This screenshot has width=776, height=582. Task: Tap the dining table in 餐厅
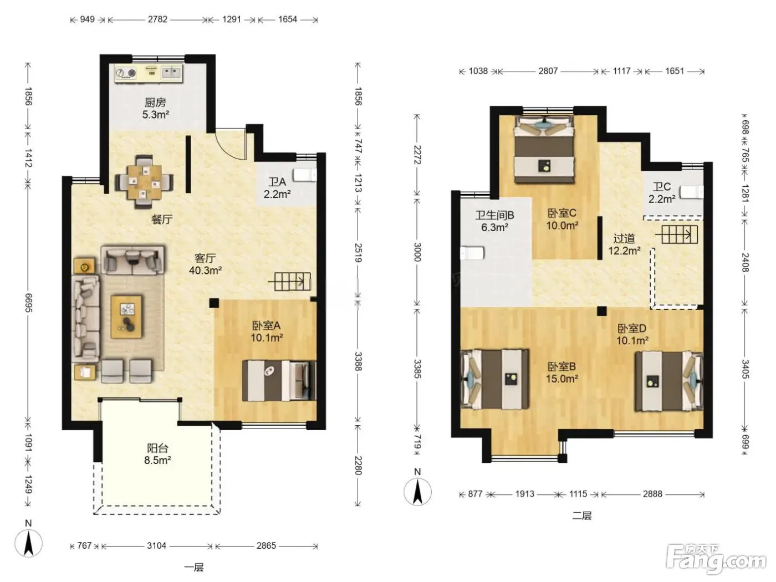click(x=144, y=182)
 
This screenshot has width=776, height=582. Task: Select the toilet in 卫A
click(x=304, y=175)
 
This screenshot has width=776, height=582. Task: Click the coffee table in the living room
click(x=126, y=317)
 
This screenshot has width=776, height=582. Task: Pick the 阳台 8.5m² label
click(x=157, y=454)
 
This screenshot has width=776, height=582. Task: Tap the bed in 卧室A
click(x=279, y=380)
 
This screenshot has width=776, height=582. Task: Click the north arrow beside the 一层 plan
click(x=28, y=544)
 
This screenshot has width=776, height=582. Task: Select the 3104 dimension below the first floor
click(x=157, y=545)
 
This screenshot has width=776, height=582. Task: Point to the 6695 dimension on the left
click(x=28, y=303)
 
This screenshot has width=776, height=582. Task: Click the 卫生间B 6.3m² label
click(x=494, y=221)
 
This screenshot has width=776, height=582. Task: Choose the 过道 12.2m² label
click(x=624, y=244)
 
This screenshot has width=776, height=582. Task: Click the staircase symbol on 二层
click(x=677, y=234)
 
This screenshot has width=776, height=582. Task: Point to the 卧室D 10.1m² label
click(x=632, y=334)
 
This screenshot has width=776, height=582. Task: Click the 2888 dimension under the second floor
click(x=652, y=494)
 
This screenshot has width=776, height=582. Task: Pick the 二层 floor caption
click(x=581, y=516)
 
